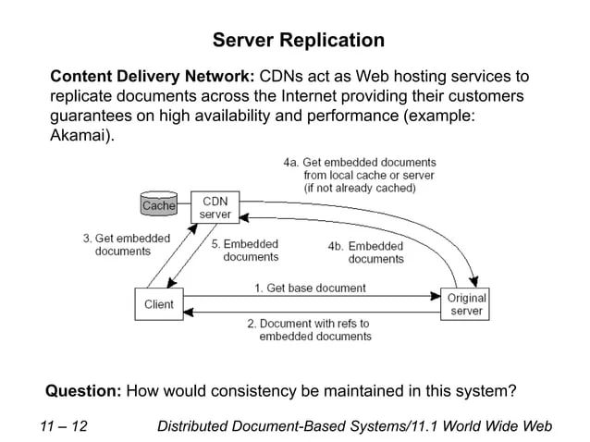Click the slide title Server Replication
tap(298, 41)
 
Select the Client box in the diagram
tap(159, 305)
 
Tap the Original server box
tap(466, 305)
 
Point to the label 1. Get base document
tap(310, 289)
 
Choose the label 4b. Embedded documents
tap(366, 252)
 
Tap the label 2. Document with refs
tap(308, 330)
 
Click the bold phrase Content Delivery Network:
tap(153, 75)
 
